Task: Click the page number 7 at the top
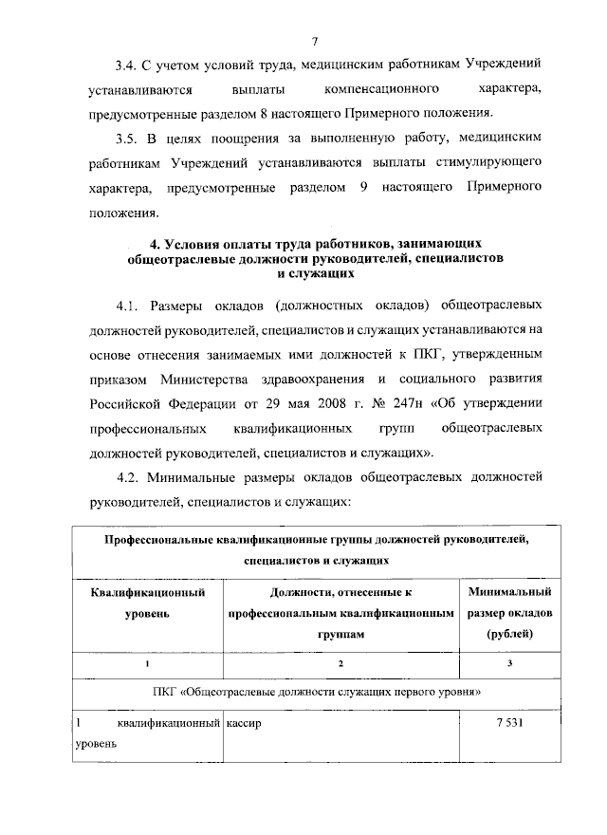click(x=312, y=39)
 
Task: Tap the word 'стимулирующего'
click(x=495, y=165)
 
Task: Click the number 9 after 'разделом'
click(x=363, y=190)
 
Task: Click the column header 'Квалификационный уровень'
click(x=147, y=603)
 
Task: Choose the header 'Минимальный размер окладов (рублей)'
click(x=509, y=613)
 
